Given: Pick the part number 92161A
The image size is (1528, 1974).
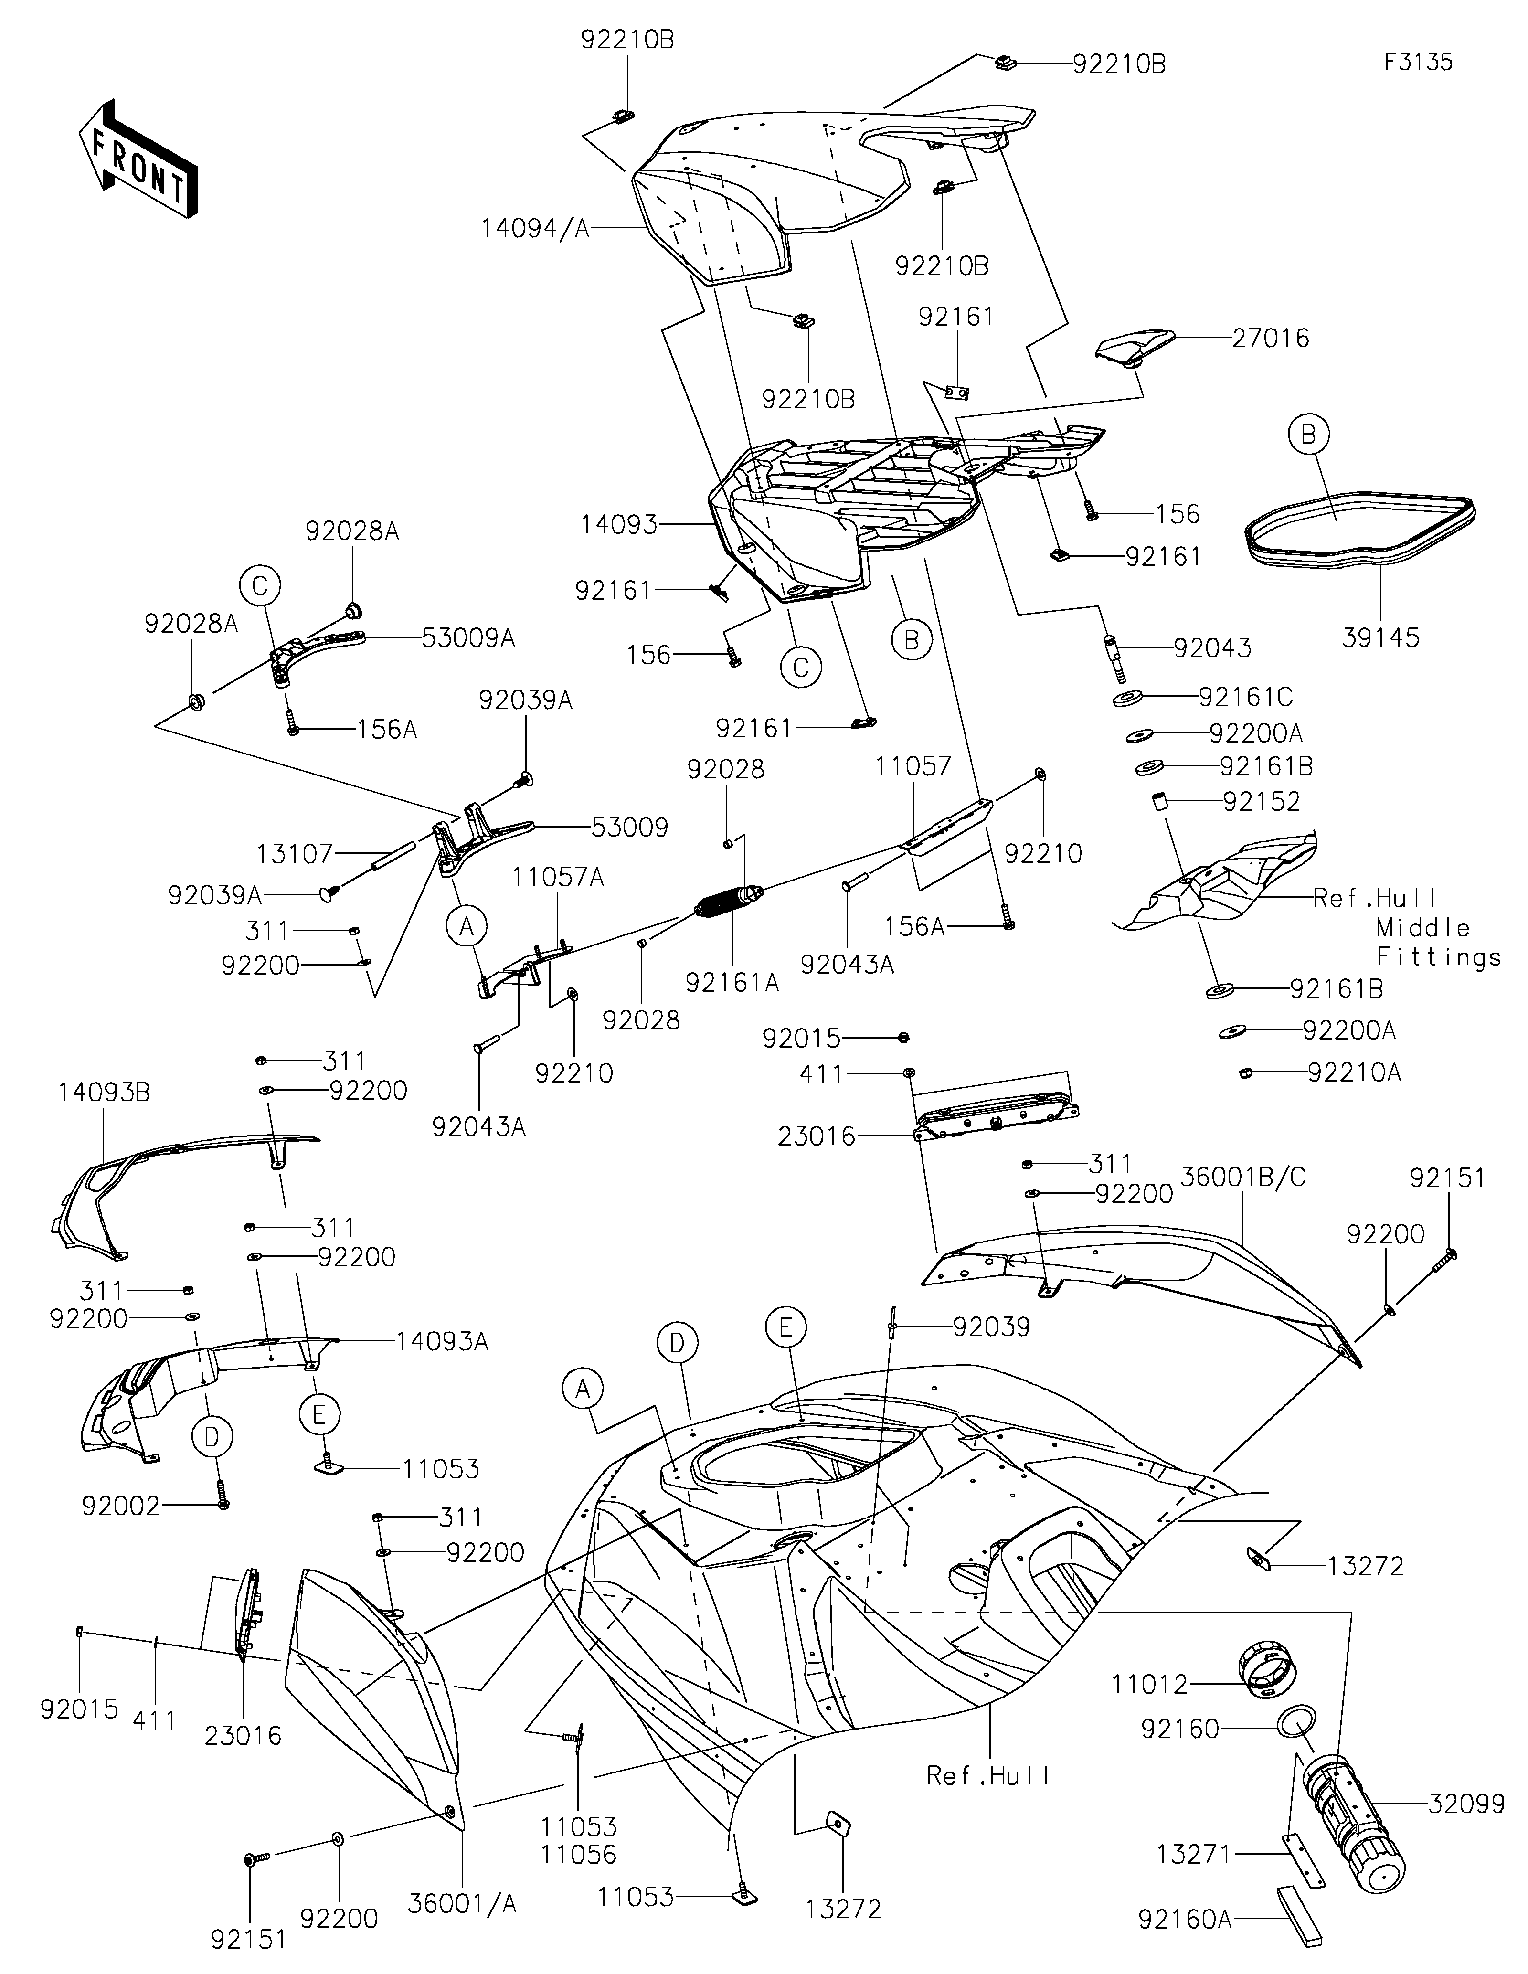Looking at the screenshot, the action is point(732,983).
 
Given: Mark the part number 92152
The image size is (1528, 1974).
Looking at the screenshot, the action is point(1262,802).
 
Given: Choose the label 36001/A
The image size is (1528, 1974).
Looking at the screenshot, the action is point(463,1903).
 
